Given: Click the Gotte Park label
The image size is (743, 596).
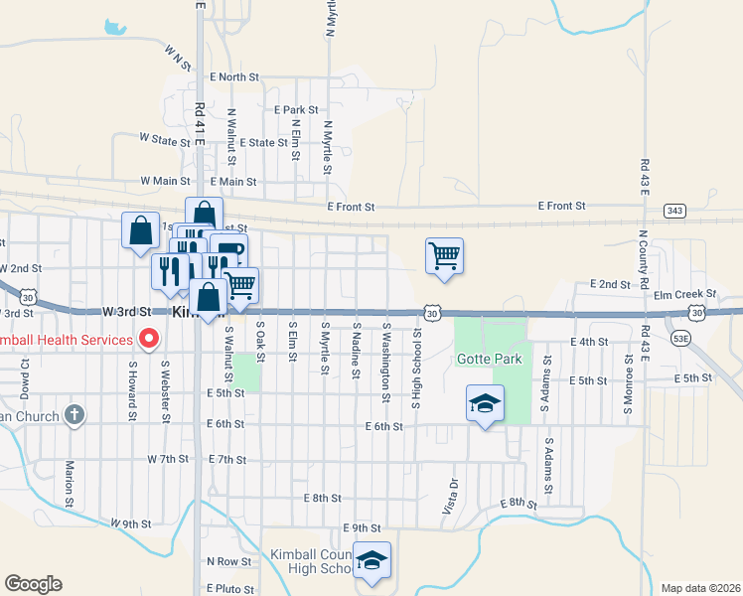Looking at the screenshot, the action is (482, 358).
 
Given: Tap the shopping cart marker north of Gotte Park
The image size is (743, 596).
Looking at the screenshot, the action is (444, 256).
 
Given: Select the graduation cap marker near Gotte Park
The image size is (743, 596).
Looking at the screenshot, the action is (485, 404).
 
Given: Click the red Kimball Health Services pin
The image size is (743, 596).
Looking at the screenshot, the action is (149, 340).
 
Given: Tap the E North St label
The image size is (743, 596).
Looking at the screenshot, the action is (233, 76).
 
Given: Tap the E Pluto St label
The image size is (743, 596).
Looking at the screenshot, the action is (232, 589).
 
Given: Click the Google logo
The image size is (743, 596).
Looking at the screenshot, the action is (33, 584).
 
